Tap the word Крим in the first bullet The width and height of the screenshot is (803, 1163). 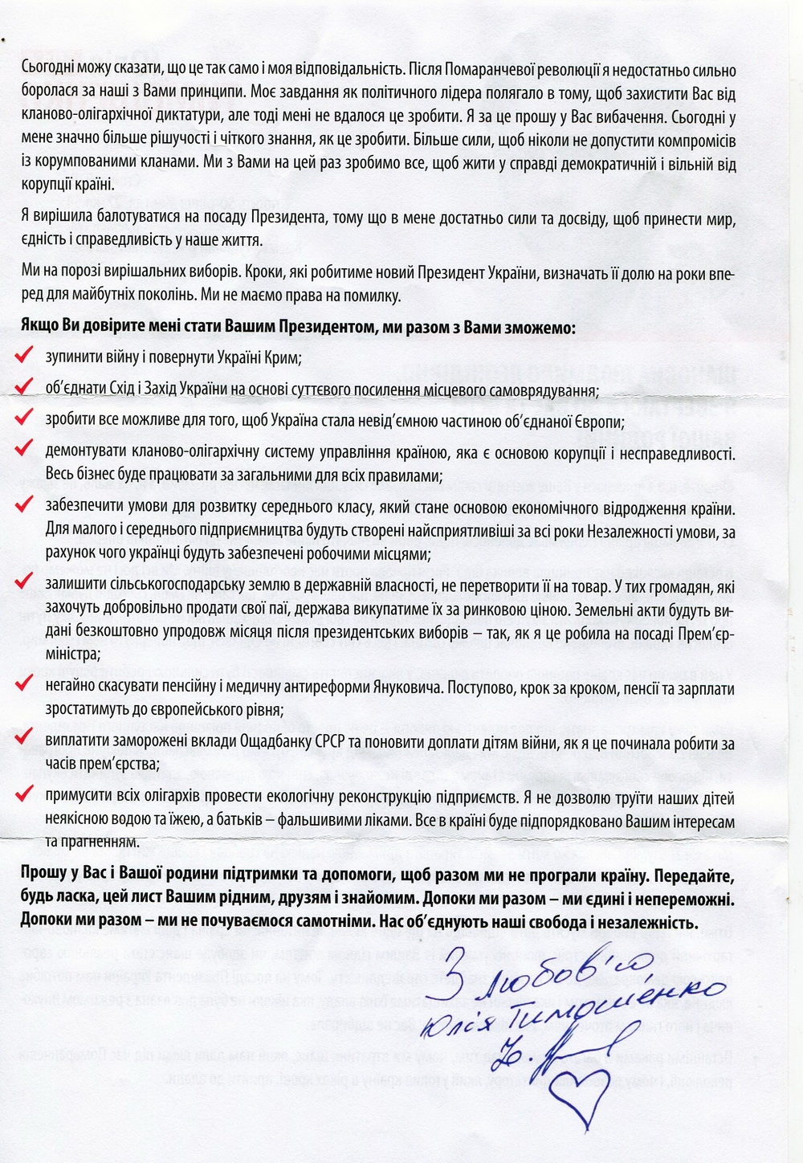[x=284, y=357]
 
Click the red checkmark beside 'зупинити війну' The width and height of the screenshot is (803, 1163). [x=25, y=354]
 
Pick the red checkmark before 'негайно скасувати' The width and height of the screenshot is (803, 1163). [x=25, y=684]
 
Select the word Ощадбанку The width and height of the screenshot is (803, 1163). [x=275, y=745]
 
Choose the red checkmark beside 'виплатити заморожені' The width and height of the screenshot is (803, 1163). [x=25, y=740]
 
